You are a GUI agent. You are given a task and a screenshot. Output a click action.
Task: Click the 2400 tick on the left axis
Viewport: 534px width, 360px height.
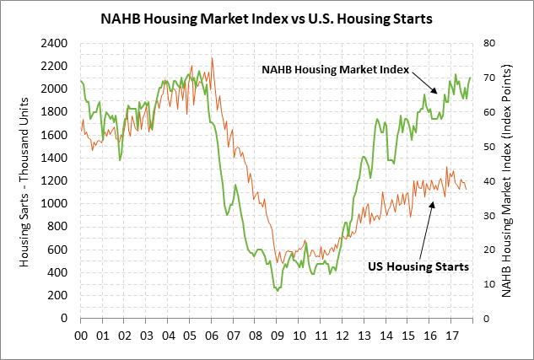(x=57, y=43)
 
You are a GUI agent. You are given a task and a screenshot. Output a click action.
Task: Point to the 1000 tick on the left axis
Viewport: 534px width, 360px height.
(x=57, y=204)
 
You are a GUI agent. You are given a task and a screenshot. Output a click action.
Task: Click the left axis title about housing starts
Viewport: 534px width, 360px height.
(x=24, y=180)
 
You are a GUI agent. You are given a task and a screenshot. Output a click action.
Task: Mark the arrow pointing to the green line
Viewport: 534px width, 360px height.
(x=424, y=82)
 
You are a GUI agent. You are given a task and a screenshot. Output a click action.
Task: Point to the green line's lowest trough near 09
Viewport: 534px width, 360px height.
(x=278, y=290)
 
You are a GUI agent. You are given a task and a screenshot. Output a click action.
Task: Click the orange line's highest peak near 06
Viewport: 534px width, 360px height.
(x=212, y=58)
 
